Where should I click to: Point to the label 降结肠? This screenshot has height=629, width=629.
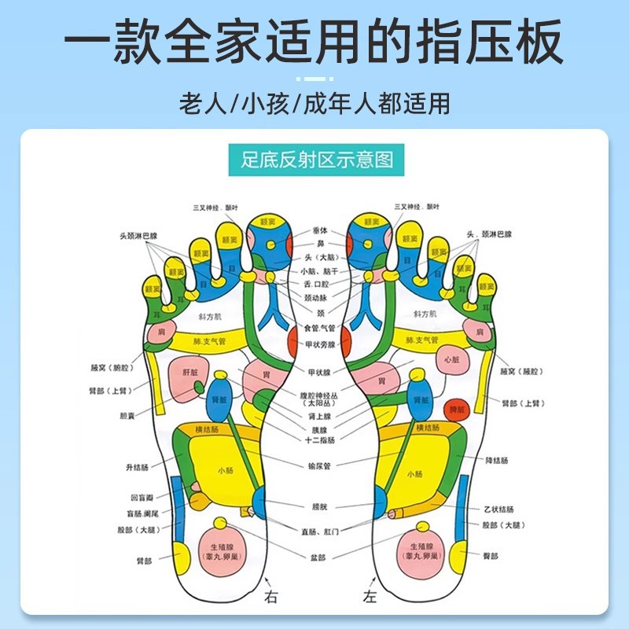pos(500,459)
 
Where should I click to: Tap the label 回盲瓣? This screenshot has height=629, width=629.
pos(140,497)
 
